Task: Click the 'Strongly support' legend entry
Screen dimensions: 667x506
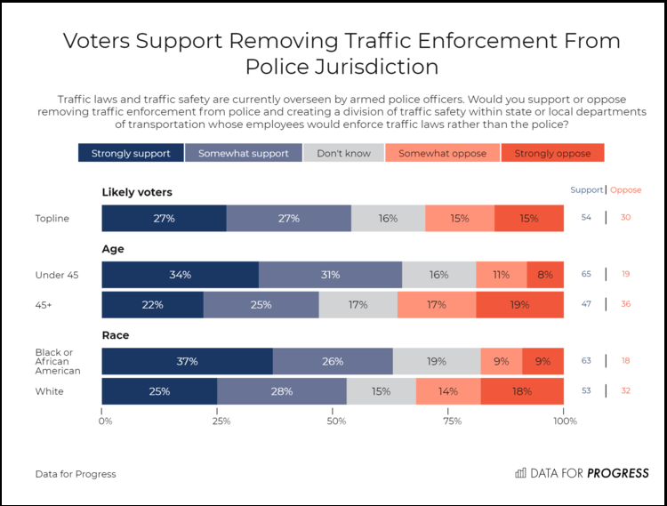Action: click(x=131, y=153)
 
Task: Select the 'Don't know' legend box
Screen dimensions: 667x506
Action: click(x=343, y=153)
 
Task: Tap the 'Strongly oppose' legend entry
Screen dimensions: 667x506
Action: click(x=552, y=153)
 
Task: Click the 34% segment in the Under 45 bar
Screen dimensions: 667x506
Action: click(x=181, y=275)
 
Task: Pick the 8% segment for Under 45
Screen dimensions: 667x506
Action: click(x=545, y=275)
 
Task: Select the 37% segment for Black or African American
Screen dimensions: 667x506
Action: click(x=188, y=361)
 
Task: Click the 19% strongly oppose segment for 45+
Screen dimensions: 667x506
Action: click(x=520, y=305)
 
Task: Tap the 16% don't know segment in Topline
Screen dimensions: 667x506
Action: click(x=388, y=219)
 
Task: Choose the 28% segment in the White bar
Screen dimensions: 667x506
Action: click(x=282, y=391)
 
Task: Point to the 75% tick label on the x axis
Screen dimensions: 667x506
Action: click(x=452, y=421)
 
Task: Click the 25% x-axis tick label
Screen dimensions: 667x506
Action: click(x=221, y=421)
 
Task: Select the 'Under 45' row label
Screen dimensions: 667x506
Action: click(x=57, y=275)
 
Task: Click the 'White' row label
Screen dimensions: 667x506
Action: click(x=49, y=391)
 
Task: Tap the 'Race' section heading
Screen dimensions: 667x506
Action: click(x=116, y=335)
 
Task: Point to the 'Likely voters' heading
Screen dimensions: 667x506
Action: click(x=137, y=192)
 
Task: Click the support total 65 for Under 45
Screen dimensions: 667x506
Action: click(x=586, y=274)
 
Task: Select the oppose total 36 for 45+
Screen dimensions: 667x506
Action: click(x=625, y=304)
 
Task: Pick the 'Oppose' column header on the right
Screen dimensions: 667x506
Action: click(x=626, y=190)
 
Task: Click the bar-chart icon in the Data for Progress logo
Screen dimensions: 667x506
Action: click(x=520, y=473)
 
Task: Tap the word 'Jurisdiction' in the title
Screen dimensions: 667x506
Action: click(x=376, y=67)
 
